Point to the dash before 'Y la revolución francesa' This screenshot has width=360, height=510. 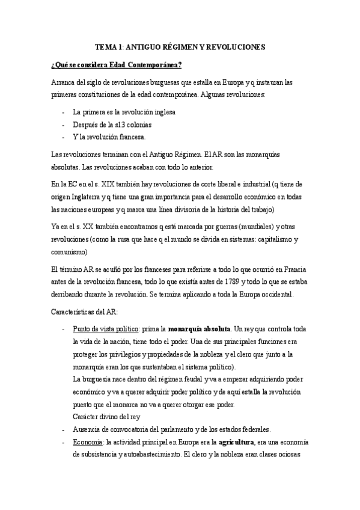point(64,137)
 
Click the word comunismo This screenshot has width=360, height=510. point(70,250)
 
